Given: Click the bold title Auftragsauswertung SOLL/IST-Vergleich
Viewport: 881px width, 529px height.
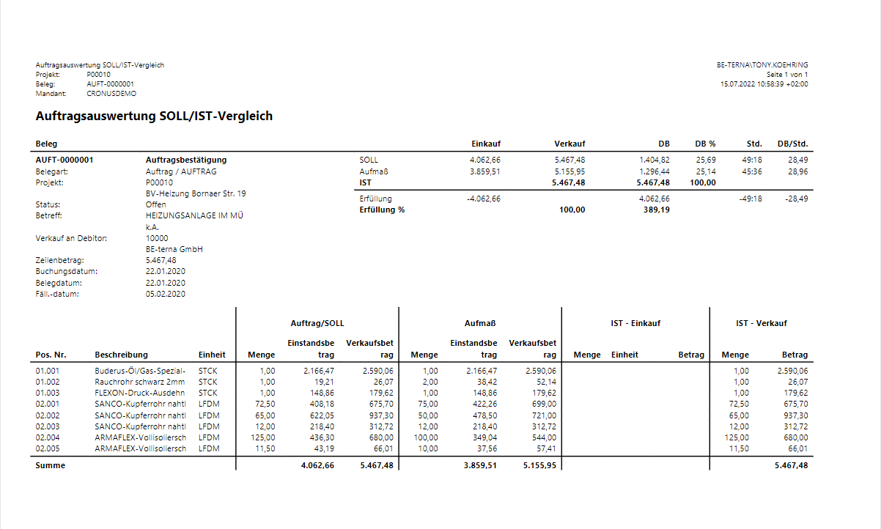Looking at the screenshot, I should (x=154, y=116).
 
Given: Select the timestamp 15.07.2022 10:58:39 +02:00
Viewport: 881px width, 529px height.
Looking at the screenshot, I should (x=764, y=84).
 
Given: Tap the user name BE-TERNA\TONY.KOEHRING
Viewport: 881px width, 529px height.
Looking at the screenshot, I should (x=762, y=65).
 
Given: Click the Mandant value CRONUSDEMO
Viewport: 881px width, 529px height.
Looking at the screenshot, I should (x=111, y=94).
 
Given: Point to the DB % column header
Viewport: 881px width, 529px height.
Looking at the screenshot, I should (x=705, y=144).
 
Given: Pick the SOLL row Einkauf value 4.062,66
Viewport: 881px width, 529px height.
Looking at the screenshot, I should (x=484, y=160).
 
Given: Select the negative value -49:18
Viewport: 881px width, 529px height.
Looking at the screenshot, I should (x=751, y=199).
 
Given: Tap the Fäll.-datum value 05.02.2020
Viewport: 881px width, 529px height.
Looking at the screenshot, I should (x=166, y=294).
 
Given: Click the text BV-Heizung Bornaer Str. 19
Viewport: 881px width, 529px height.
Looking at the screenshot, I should (x=196, y=193).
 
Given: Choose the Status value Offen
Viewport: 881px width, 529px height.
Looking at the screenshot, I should (x=155, y=204).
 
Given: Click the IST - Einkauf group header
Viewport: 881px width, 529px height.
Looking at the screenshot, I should (x=635, y=323).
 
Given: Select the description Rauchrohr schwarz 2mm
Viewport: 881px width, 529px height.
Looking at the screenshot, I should (x=140, y=382).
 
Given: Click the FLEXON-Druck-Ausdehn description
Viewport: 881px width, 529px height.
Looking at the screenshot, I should (x=140, y=393).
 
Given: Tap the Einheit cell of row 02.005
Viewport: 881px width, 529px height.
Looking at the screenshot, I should (x=209, y=448).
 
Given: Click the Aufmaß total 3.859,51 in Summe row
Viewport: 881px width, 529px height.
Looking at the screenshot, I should (x=481, y=465).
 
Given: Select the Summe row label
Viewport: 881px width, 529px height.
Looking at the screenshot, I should (x=51, y=465).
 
